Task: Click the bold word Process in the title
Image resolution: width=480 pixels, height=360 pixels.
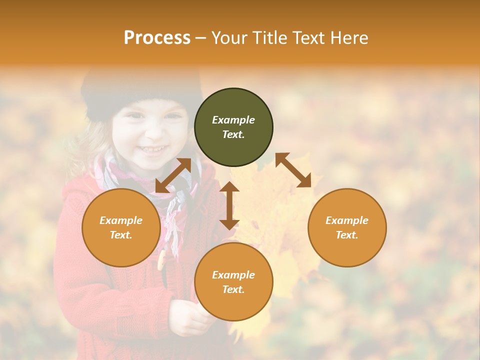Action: point(157,37)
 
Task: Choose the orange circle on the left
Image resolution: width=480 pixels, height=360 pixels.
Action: point(121,245)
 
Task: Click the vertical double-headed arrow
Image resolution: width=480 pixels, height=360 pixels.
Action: point(229,205)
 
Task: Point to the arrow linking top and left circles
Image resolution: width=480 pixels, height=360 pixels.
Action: point(173,175)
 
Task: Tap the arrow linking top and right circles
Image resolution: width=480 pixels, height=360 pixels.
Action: point(293,170)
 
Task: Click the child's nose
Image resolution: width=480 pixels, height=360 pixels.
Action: point(152,131)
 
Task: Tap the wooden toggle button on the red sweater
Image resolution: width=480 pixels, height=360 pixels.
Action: point(161,260)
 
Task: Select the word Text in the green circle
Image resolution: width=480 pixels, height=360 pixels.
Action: point(233,134)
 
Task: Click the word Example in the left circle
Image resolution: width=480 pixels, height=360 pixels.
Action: point(121,220)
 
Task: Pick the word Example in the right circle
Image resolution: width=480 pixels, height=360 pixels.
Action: point(347,220)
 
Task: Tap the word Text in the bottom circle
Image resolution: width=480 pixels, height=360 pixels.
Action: point(233,289)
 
